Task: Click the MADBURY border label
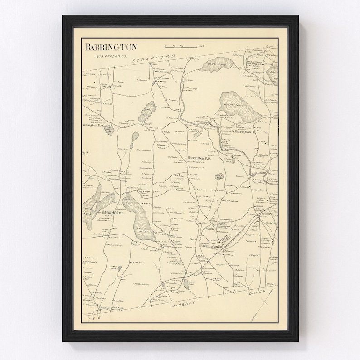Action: point(187,305)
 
